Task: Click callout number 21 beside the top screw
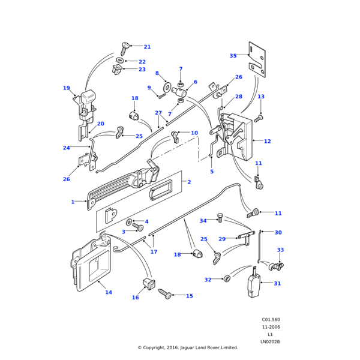(147, 47)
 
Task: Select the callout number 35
(233, 56)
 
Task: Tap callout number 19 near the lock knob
(66, 88)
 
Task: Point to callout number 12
(267, 142)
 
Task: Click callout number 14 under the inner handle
(109, 293)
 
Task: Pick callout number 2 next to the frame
(188, 182)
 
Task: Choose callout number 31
(277, 284)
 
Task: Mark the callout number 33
(280, 250)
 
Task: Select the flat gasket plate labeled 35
(257, 58)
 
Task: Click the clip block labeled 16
(147, 283)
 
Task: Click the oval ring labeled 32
(227, 278)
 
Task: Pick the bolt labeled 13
(260, 118)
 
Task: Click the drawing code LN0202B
(270, 341)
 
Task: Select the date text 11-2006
(270, 327)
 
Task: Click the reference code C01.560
(271, 320)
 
